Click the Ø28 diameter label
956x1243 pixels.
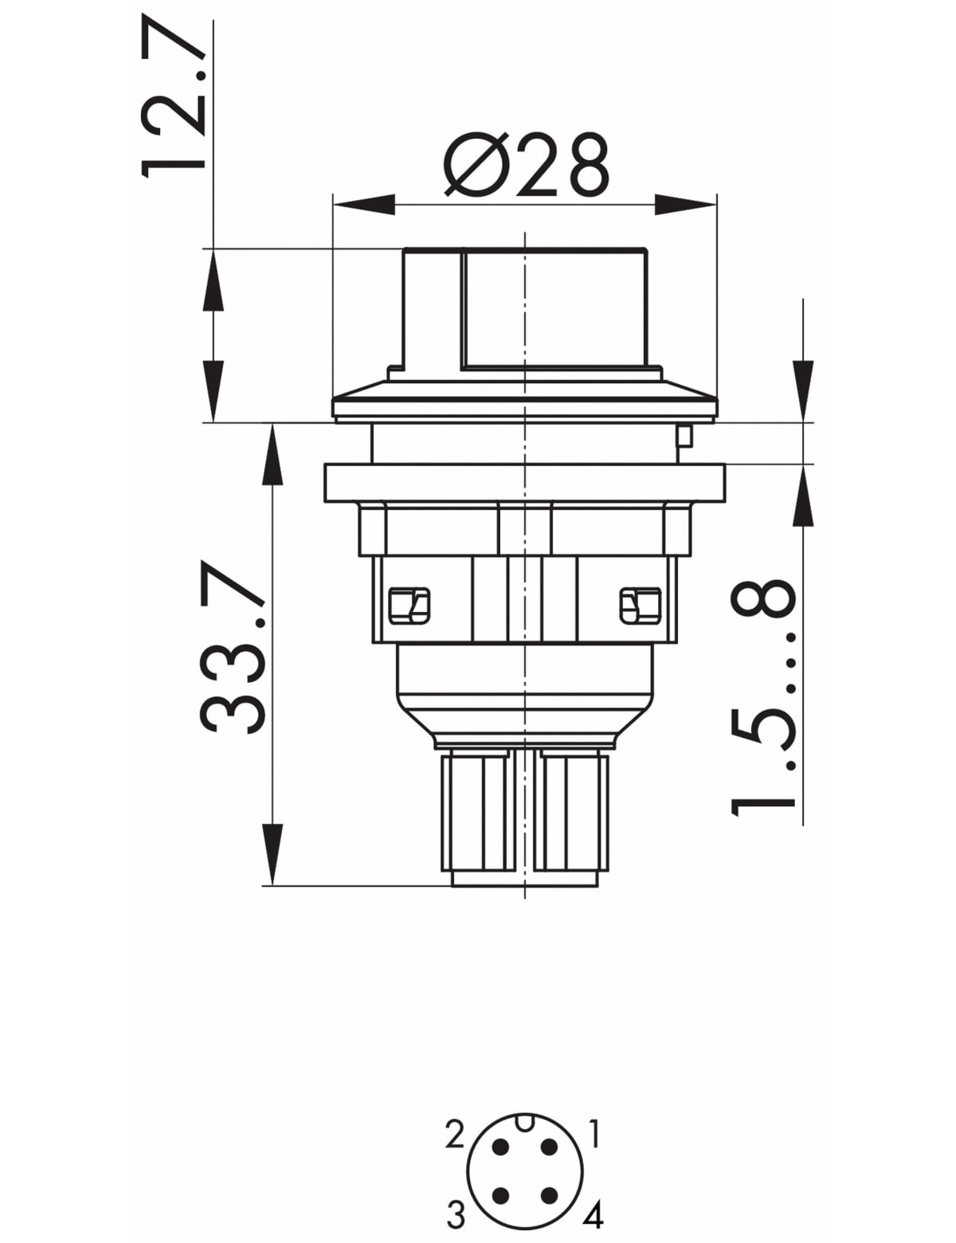coord(526,166)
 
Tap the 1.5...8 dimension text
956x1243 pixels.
coord(762,698)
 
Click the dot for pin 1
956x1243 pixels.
coord(550,1147)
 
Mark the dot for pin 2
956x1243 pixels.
coord(501,1147)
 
